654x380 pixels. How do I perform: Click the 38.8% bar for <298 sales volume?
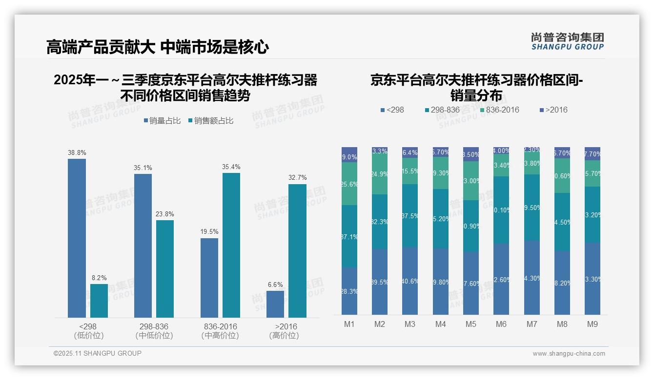(77, 238)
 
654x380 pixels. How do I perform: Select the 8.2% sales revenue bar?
(99, 301)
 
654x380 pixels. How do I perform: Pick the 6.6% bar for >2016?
(275, 304)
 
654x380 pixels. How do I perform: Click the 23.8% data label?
(165, 214)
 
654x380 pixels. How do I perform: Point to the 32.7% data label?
(297, 178)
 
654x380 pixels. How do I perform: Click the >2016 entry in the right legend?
(554, 110)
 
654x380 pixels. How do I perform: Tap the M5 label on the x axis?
(470, 324)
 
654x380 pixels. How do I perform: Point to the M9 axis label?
(592, 324)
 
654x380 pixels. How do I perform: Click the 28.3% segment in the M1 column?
(349, 291)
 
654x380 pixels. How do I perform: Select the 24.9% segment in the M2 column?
(380, 174)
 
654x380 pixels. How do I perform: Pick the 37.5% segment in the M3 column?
(410, 215)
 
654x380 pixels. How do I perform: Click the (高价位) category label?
(284, 336)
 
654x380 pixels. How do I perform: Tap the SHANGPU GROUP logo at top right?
(567, 41)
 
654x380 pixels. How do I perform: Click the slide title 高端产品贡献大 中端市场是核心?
(158, 47)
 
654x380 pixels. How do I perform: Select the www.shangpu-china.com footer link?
(569, 354)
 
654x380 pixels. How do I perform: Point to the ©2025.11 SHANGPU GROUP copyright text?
(98, 353)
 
